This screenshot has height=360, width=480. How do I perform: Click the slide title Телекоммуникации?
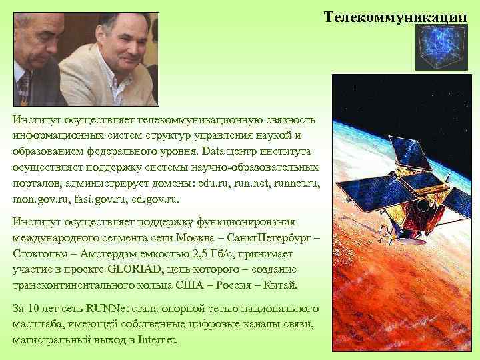396,15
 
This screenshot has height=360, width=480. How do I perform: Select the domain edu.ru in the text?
208,182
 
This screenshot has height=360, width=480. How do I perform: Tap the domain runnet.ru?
295,182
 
